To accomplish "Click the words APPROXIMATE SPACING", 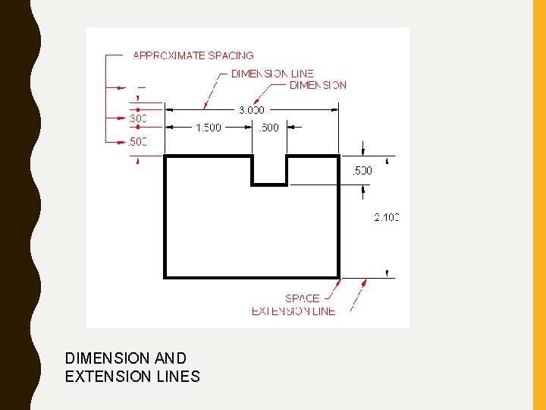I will [x=193, y=55].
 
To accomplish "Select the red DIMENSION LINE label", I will [x=272, y=74].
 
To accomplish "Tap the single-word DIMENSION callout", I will [x=318, y=85].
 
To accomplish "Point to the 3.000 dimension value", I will [x=252, y=110].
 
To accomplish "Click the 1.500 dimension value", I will [x=209, y=128].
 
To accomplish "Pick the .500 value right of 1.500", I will [x=269, y=128].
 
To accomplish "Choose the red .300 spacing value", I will [x=137, y=119].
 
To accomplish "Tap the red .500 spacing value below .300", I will [x=137, y=142].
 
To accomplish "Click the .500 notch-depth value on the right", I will [x=362, y=171].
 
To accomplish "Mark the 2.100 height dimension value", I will [x=386, y=218].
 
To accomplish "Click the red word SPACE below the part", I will [x=302, y=298].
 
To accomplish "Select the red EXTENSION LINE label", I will [x=293, y=311].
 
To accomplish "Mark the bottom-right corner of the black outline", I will [x=338, y=277].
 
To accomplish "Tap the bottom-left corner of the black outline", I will [x=165, y=277].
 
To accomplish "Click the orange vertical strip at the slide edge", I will [x=539, y=205].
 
